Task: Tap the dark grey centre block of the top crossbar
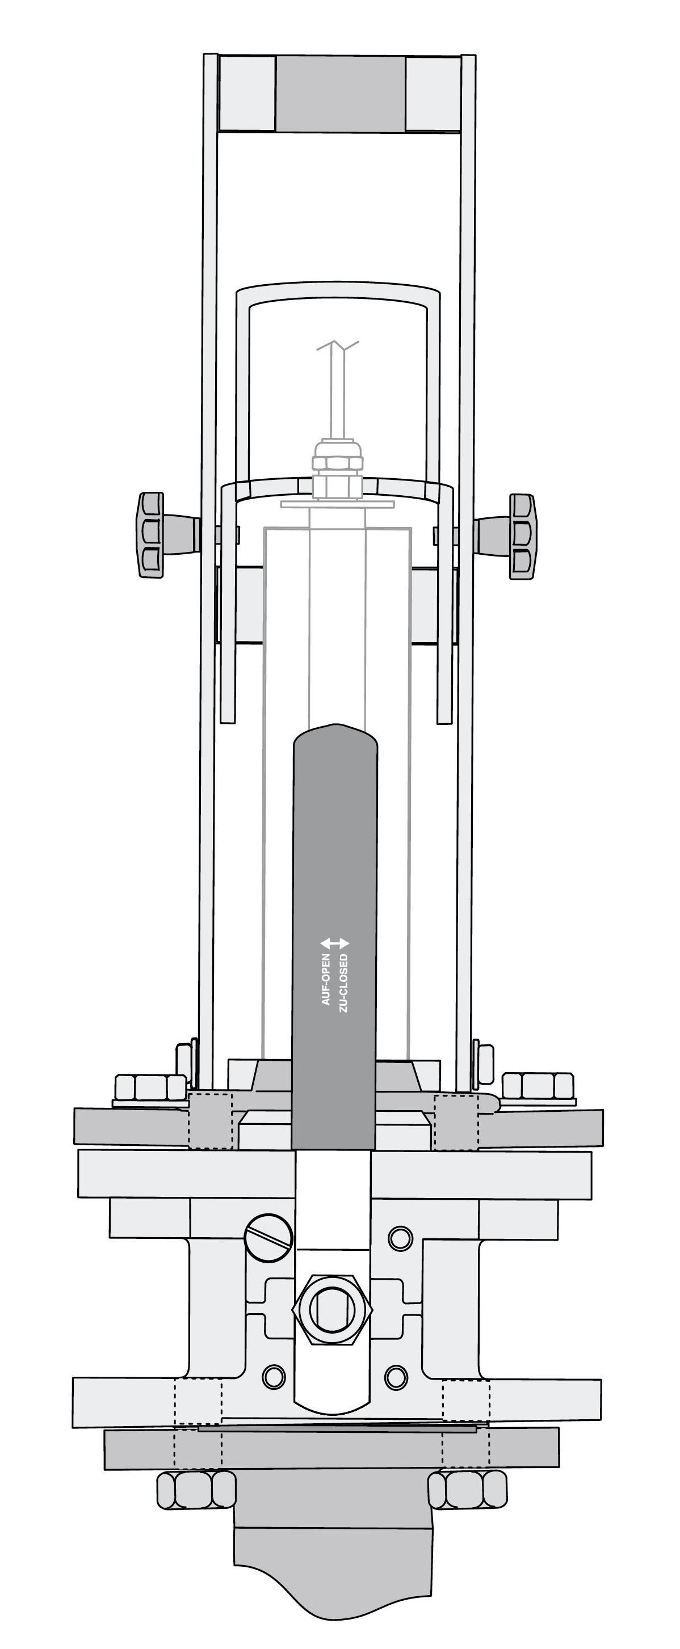[340, 94]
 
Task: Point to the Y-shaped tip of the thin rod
[337, 348]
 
